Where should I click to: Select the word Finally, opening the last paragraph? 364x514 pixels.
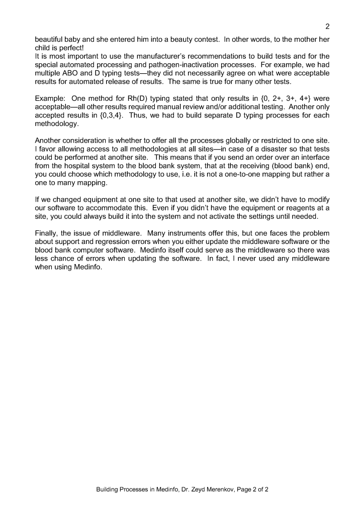coord(48,233)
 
